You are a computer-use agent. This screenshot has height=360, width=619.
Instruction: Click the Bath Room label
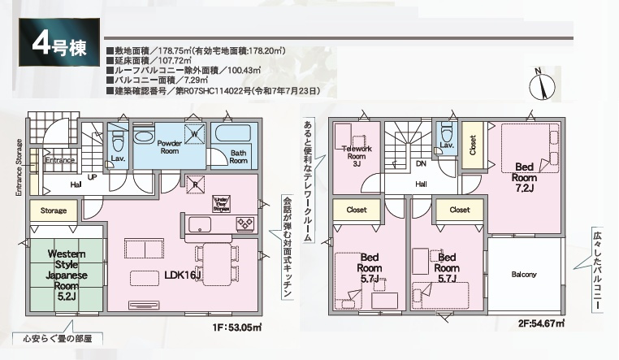(x=238, y=156)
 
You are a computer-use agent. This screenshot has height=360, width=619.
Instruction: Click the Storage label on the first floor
(x=53, y=210)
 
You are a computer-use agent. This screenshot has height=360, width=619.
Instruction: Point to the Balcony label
(x=524, y=274)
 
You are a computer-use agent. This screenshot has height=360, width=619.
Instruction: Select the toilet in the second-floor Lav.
(x=445, y=132)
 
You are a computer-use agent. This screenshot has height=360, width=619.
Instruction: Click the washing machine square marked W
(x=195, y=134)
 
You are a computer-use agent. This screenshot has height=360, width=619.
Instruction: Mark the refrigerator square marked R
(x=195, y=183)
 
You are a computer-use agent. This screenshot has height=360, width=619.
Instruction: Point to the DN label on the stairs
(x=421, y=163)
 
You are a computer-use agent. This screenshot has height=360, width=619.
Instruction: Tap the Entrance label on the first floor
(x=59, y=160)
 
